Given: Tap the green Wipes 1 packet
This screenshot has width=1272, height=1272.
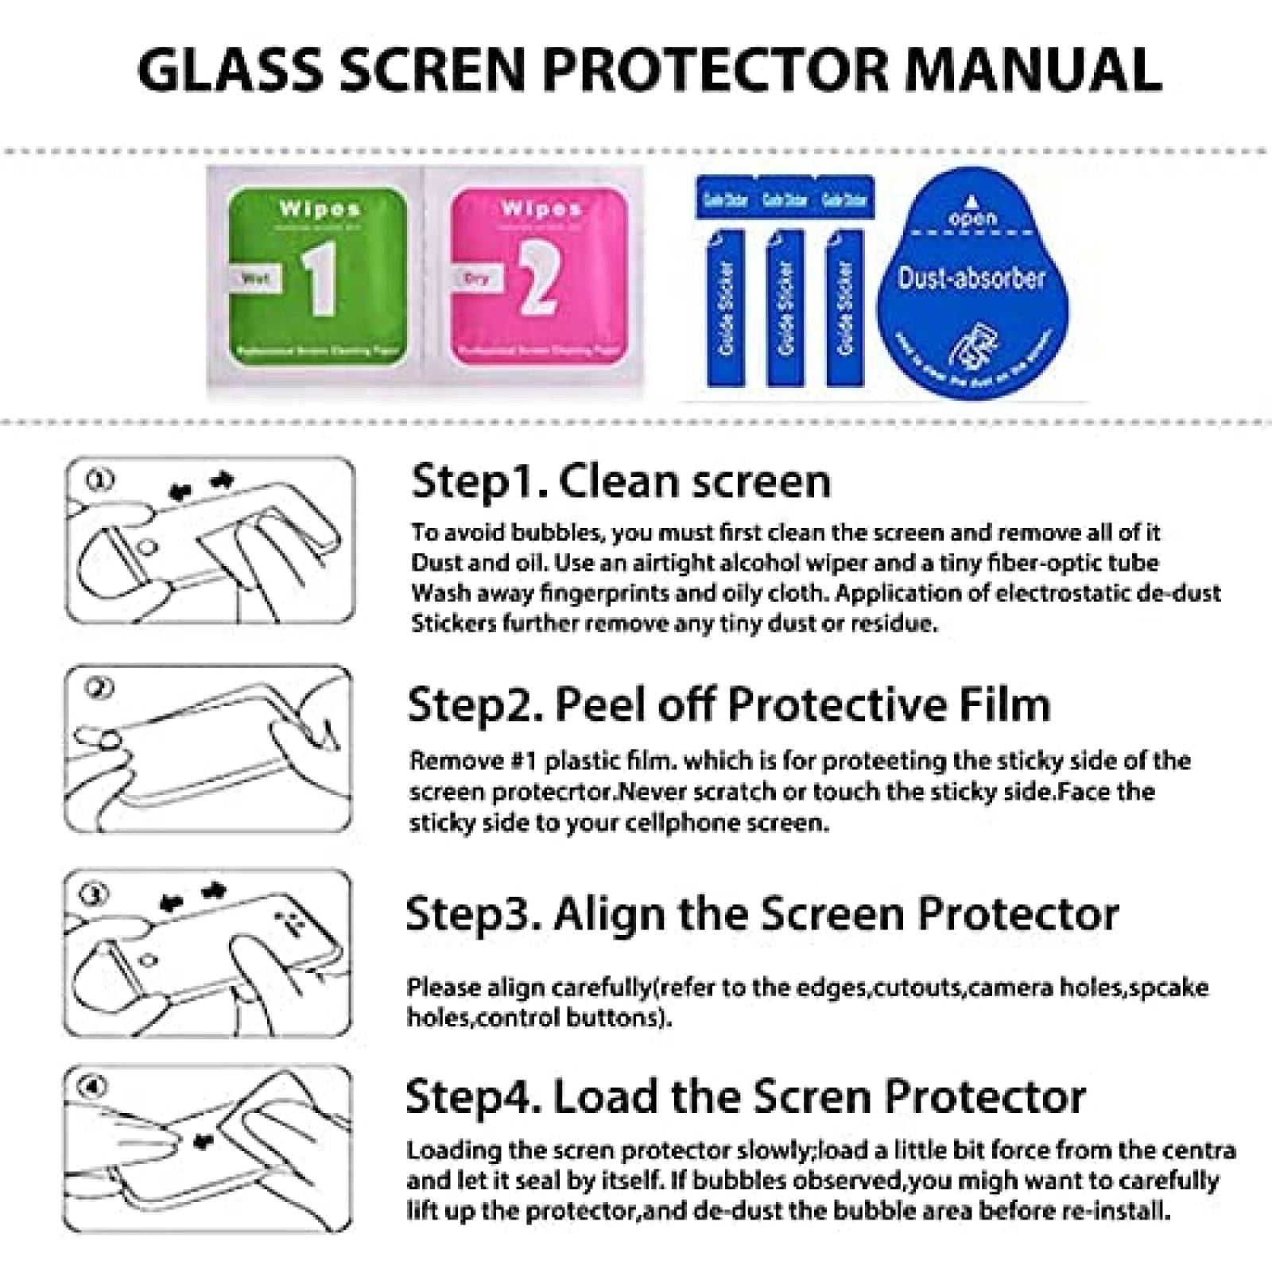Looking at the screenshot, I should point(317,275).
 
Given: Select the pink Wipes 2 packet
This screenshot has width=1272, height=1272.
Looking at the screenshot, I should point(539,275).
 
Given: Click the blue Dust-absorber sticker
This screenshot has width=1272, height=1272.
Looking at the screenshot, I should point(972,278).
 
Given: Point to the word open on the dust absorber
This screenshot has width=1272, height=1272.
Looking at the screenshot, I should point(972,218).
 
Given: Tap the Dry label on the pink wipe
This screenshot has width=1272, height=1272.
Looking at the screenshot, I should point(475,278).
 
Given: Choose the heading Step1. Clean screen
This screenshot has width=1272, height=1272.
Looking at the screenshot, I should point(621,482).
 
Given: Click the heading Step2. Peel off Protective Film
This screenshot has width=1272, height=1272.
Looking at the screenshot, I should point(728,704).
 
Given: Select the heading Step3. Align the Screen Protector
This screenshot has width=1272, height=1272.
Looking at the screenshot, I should point(762,914).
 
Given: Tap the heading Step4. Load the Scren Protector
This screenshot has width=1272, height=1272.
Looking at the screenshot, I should point(745,1097).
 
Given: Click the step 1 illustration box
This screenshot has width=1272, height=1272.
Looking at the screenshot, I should point(209,540).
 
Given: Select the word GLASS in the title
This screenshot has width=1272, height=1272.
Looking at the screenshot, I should point(231,69).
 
